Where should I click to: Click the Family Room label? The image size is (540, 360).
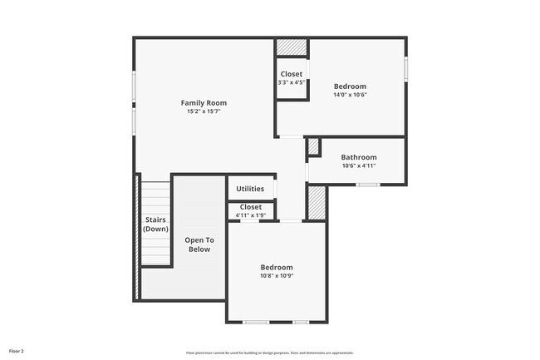[204, 103]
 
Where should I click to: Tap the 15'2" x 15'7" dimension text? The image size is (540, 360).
[204, 111]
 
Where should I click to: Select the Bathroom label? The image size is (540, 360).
[358, 157]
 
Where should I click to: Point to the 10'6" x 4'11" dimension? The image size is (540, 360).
[358, 165]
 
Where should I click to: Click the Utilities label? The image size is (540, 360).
[250, 189]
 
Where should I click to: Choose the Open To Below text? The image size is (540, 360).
[199, 244]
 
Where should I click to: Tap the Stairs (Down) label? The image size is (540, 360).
[155, 224]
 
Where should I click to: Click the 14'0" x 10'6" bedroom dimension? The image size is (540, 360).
[350, 95]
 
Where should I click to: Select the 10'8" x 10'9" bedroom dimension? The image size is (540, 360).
[277, 276]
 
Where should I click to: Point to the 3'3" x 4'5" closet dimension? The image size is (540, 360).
[292, 82]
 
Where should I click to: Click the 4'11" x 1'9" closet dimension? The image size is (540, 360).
[250, 215]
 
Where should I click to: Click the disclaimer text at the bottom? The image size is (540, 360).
[269, 352]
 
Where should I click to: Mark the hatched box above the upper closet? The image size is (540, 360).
[292, 47]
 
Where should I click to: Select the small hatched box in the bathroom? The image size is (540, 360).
[313, 147]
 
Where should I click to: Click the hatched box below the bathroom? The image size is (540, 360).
[317, 203]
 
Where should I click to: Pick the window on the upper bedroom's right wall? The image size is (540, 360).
[406, 70]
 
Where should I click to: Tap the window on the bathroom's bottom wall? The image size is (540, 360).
[368, 185]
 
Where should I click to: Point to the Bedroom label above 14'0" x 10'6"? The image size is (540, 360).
[350, 86]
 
